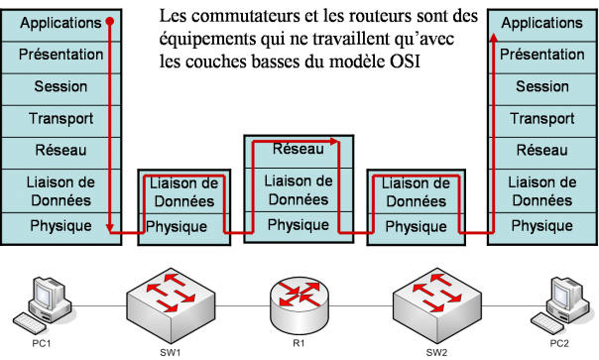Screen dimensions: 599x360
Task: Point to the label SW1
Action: tap(171, 352)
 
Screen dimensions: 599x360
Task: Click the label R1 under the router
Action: tap(299, 343)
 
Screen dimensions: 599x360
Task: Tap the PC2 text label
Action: tap(559, 343)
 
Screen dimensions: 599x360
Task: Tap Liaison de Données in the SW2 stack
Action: tap(416, 192)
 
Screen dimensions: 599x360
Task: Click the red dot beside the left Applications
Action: tap(110, 21)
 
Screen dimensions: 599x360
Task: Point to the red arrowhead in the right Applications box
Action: tap(494, 37)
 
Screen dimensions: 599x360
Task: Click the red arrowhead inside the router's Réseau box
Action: tap(334, 142)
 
